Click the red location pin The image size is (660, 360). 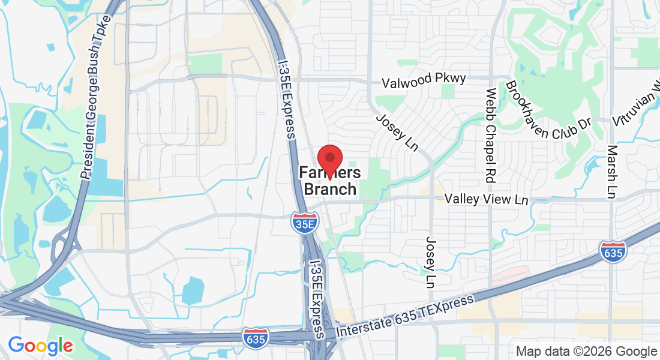[x=329, y=159]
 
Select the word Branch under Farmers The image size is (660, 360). [x=330, y=190]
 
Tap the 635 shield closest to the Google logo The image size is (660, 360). [x=256, y=337]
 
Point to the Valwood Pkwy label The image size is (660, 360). [x=425, y=79]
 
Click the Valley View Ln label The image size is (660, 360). [x=486, y=199]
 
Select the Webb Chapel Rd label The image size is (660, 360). [x=490, y=136]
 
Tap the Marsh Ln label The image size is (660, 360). [x=612, y=172]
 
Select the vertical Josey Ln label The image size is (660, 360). [x=433, y=260]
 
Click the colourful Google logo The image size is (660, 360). [x=40, y=346]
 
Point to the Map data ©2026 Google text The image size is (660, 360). [x=586, y=351]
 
